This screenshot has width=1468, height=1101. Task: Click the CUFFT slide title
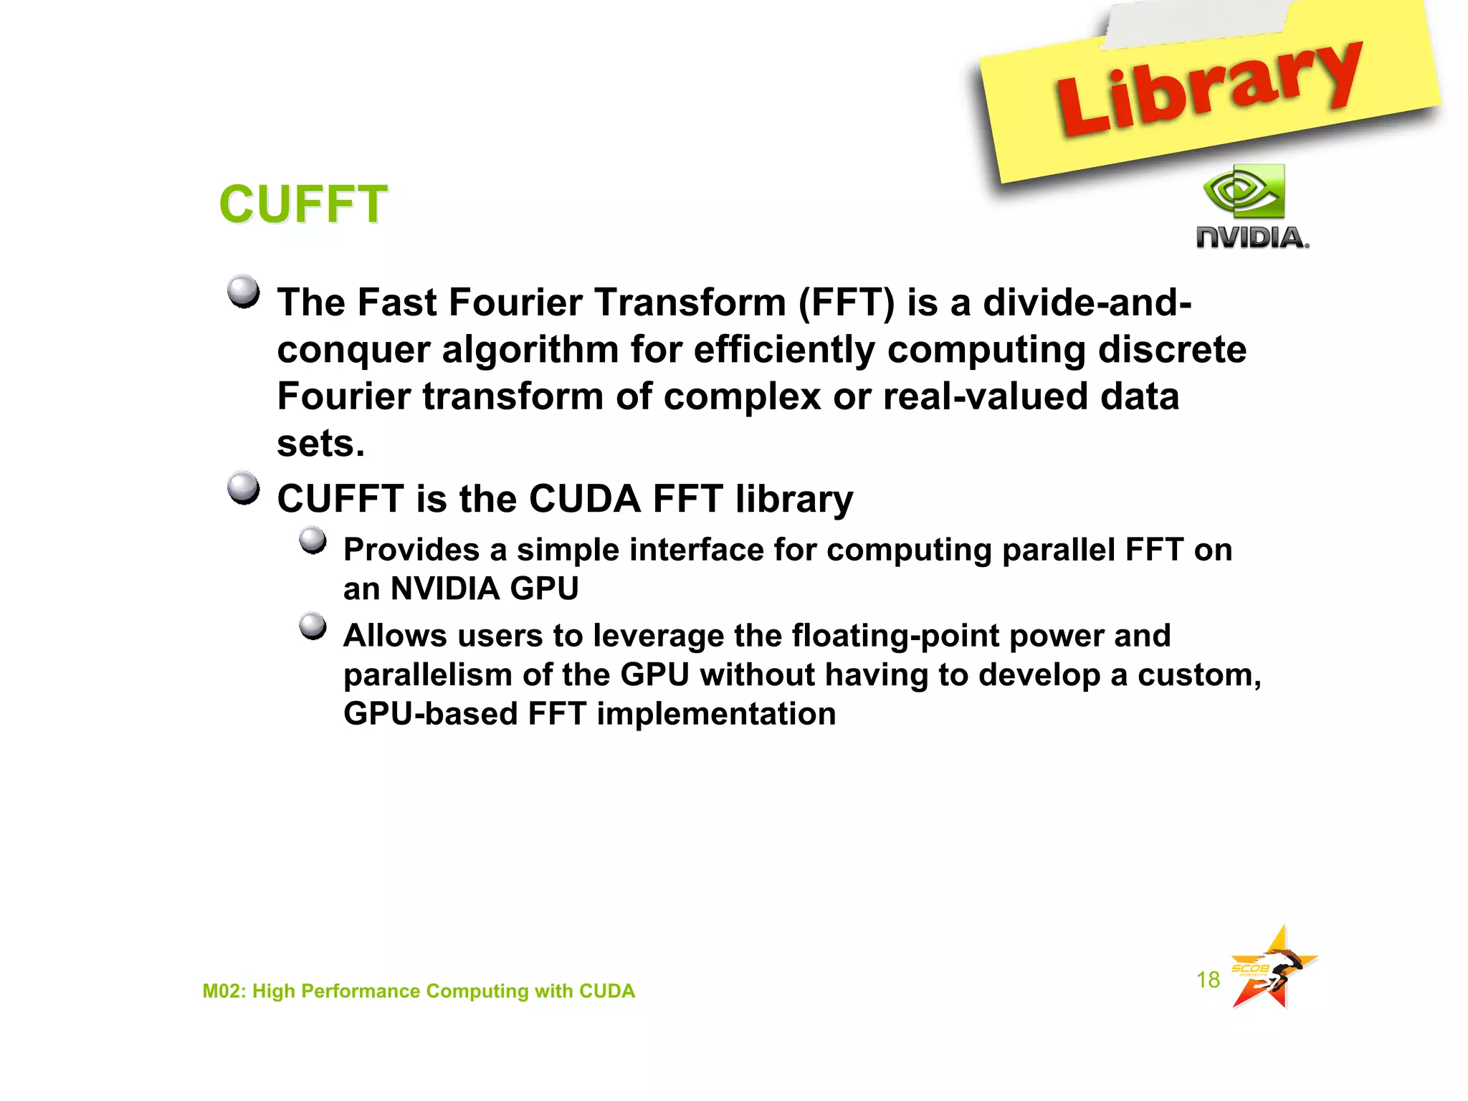pos(303,204)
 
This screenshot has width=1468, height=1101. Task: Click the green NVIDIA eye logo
pos(1244,191)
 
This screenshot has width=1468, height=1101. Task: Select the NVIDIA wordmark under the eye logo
pos(1252,237)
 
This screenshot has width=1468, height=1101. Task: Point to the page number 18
pos(1208,980)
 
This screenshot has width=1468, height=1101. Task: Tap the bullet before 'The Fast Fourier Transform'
pos(244,292)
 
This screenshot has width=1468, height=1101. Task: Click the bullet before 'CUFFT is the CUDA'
pos(244,488)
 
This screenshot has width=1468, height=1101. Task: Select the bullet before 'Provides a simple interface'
pos(313,540)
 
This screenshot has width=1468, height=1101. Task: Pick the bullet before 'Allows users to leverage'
pos(313,626)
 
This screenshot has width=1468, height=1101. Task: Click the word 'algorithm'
pos(530,351)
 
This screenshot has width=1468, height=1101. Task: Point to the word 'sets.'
pos(320,444)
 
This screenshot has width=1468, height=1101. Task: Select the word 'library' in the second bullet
pos(794,499)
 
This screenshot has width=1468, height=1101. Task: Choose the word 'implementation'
pos(716,715)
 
